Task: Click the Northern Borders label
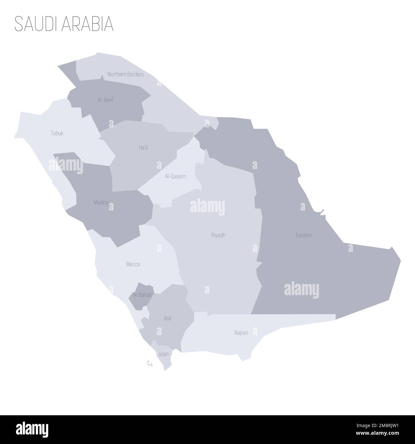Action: tap(125, 74)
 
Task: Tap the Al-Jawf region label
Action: tap(105, 100)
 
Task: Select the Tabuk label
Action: tap(57, 133)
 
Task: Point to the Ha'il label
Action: tap(143, 148)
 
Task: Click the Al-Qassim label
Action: tap(175, 176)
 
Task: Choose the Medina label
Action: tap(101, 202)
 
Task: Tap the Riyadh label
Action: tap(218, 235)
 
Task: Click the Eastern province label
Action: tap(304, 235)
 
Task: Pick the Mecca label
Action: tap(133, 264)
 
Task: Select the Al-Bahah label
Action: tap(142, 295)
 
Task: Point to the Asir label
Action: tap(168, 318)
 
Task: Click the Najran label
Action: tap(241, 333)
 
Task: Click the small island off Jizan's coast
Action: tap(148, 363)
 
